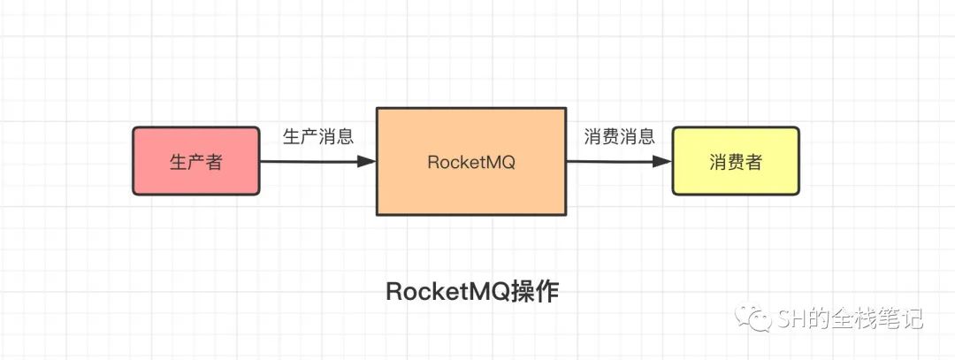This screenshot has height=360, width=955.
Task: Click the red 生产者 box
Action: point(196,161)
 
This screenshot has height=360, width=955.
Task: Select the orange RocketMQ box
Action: point(471,161)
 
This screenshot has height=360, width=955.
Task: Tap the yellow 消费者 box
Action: point(735,161)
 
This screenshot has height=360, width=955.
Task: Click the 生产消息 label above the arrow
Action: point(318,136)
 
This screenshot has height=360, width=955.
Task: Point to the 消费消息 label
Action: point(619,136)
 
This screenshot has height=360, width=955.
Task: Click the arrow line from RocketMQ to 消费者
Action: point(619,161)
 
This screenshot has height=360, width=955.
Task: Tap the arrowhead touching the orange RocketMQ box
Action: point(367,161)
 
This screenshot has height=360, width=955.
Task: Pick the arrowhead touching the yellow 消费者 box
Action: point(662,161)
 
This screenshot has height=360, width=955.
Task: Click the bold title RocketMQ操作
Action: point(472,293)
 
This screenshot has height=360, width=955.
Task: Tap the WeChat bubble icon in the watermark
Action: point(754,318)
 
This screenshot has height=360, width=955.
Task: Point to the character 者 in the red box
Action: point(213,162)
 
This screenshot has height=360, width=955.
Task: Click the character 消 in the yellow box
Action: point(718,162)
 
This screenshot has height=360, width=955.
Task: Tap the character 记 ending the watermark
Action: point(913,318)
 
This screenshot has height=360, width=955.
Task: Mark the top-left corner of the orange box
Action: point(377,108)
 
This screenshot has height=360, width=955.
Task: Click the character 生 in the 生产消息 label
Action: point(293,136)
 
